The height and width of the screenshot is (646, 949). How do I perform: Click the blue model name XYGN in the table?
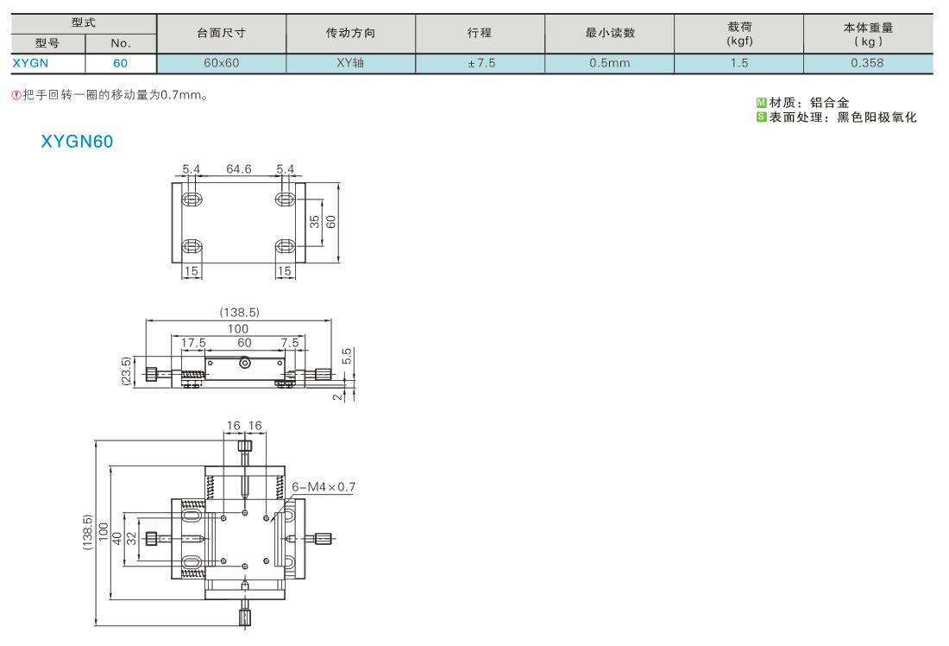click(x=30, y=63)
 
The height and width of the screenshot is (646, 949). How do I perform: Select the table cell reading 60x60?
click(x=222, y=63)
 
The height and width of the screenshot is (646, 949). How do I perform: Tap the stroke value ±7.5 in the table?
click(x=481, y=63)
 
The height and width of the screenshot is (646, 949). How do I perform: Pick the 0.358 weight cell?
click(x=867, y=63)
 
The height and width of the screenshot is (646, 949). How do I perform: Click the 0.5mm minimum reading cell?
click(x=609, y=63)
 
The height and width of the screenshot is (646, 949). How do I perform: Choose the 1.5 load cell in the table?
click(x=739, y=63)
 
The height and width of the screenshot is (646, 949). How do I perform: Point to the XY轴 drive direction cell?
click(x=350, y=63)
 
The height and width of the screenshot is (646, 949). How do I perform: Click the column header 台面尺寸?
click(x=222, y=34)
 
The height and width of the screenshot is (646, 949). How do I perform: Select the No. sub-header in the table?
click(x=121, y=43)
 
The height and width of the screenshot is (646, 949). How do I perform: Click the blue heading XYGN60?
click(x=77, y=141)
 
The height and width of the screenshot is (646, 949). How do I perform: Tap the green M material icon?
click(x=762, y=103)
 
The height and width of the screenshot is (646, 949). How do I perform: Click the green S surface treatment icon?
click(x=762, y=117)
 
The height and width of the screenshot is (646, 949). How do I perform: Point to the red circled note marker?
click(x=16, y=95)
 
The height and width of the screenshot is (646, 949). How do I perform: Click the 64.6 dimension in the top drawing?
click(x=238, y=169)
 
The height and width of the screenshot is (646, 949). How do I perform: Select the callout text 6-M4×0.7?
click(x=324, y=486)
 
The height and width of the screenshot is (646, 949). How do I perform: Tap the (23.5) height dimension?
click(x=126, y=370)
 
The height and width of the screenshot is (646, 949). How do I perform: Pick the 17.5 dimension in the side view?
click(x=193, y=343)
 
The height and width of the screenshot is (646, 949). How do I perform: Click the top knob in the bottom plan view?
click(x=244, y=446)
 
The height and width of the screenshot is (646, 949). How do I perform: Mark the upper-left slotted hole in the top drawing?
click(x=192, y=199)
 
